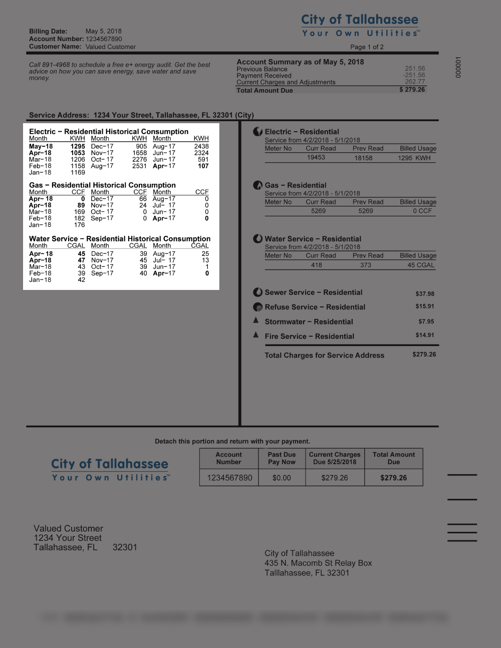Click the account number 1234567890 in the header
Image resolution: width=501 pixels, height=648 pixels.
pyautogui.click(x=104, y=39)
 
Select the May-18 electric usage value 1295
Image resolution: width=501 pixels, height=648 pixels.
pyautogui.click(x=78, y=147)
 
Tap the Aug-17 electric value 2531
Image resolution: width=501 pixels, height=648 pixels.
pyautogui.click(x=139, y=166)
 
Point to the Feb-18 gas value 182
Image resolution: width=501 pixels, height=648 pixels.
pyautogui.click(x=79, y=218)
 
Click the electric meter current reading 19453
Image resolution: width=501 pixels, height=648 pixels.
pyautogui.click(x=316, y=157)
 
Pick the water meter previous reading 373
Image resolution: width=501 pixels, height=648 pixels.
pyautogui.click(x=366, y=265)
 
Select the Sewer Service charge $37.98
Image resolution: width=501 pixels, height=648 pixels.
pyautogui.click(x=425, y=294)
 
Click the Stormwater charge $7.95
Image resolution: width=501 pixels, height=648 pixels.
pyautogui.click(x=426, y=321)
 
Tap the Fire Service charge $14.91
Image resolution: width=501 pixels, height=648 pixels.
pyautogui.click(x=425, y=336)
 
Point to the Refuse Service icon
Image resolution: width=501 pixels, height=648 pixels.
pyautogui.click(x=258, y=307)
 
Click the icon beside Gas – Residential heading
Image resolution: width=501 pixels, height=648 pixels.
pyautogui.click(x=258, y=185)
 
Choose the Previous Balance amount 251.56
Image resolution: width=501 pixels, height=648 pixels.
pyautogui.click(x=415, y=69)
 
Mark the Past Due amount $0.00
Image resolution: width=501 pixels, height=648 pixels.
pyautogui.click(x=282, y=478)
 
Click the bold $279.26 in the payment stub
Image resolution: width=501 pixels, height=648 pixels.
pyautogui.click(x=393, y=478)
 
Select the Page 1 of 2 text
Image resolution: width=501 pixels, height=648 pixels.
pyautogui.click(x=367, y=47)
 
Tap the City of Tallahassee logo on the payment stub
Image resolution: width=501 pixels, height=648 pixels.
pyautogui.click(x=110, y=469)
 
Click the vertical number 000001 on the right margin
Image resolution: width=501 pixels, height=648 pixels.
pyautogui.click(x=458, y=67)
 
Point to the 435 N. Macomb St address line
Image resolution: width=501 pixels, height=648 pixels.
pyautogui.click(x=318, y=563)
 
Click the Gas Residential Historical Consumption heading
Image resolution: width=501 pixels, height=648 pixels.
pyautogui.click(x=102, y=185)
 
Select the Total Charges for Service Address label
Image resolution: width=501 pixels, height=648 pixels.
pyautogui.click(x=324, y=356)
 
